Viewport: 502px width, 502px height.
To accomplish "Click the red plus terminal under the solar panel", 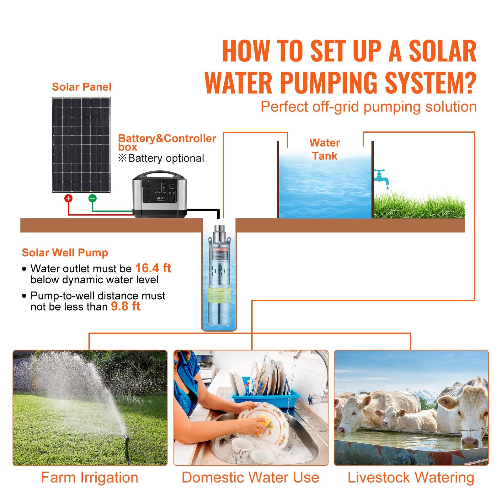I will [x=68, y=198].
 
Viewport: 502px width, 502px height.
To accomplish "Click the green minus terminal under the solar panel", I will [x=92, y=198].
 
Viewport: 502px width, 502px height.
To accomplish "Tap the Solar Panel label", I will [x=82, y=87].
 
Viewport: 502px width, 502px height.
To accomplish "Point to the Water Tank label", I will [x=324, y=149].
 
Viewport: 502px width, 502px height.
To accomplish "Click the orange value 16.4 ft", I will [x=153, y=268].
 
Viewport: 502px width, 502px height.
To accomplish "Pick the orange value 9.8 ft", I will [x=125, y=306].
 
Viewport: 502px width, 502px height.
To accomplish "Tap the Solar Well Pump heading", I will [x=65, y=253].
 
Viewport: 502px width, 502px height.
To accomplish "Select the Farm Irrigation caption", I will [x=90, y=478].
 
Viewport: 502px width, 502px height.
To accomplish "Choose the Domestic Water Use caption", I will [x=250, y=478].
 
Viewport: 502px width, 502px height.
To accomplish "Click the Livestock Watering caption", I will [x=411, y=478].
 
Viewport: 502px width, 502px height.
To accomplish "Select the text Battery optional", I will [x=166, y=158].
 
